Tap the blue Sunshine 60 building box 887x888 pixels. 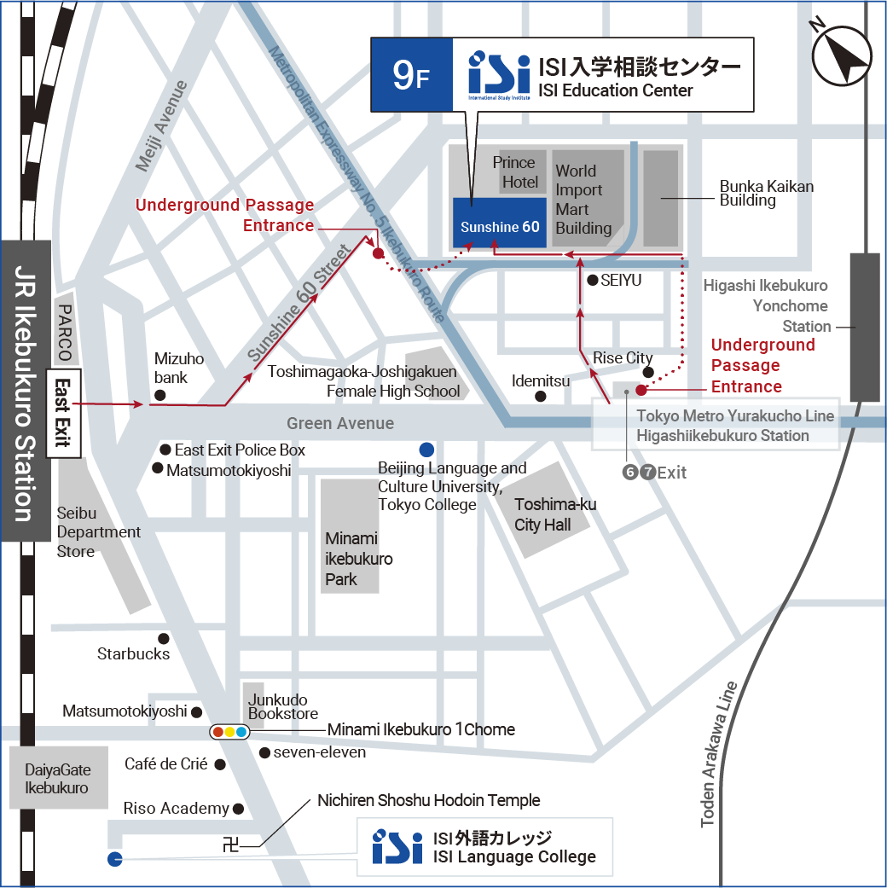point(499,223)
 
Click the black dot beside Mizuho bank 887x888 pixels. point(159,395)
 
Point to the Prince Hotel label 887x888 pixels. point(519,172)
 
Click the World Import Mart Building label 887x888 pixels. point(583,200)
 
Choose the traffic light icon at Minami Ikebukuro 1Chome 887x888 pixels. point(229,731)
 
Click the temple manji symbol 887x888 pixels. point(230,845)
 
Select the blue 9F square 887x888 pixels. point(411,75)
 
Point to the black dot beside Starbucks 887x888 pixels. point(164,638)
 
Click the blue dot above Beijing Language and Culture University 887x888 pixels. point(426,450)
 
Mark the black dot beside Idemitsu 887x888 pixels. point(540,397)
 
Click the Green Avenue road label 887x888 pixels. point(340,423)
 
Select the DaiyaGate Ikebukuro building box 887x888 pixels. point(58,777)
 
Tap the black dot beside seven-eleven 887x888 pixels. point(265,752)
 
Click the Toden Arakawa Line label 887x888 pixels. point(719,755)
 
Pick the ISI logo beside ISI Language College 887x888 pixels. point(397,846)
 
